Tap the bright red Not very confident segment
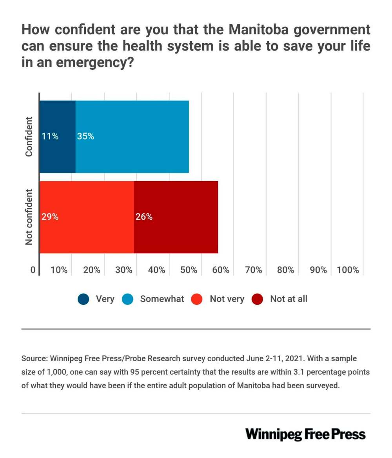coord(87,235)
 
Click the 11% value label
coord(50,136)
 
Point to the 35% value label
coord(85,136)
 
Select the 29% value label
coord(50,217)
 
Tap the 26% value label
coord(144,217)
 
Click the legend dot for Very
coord(83,299)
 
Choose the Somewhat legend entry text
coord(162,299)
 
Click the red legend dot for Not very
coord(197,299)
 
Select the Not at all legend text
coord(289,299)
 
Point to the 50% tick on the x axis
coord(189,270)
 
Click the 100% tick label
coord(348,270)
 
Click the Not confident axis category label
coord(29,217)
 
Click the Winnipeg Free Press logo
coord(305,434)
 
